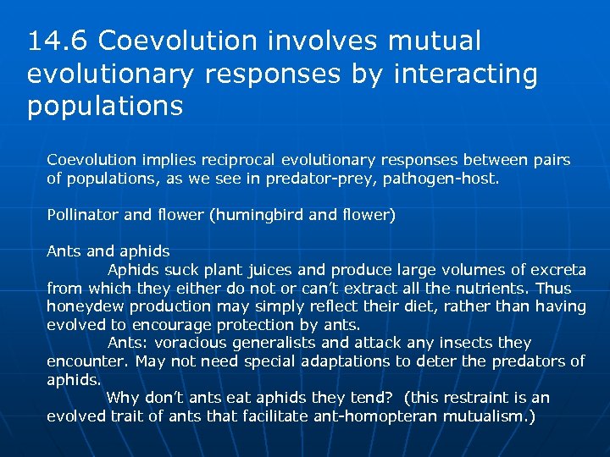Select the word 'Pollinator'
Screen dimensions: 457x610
[x=83, y=215]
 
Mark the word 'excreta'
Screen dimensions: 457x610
[x=557, y=270]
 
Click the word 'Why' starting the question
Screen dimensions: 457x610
[x=122, y=398]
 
